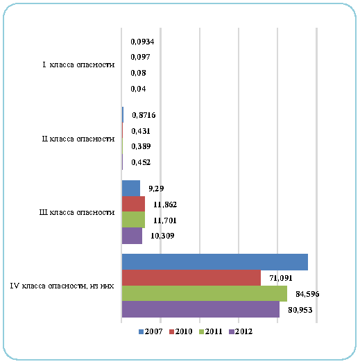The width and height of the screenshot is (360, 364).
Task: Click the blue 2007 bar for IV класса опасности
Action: pos(215,262)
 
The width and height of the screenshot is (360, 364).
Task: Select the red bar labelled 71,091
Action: pos(191,278)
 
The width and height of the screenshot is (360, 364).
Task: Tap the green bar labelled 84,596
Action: pos(205,294)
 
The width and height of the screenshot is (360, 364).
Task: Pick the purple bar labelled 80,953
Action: pos(200,309)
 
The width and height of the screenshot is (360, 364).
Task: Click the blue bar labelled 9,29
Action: pos(131,189)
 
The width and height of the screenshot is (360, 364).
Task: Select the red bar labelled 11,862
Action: pos(133,204)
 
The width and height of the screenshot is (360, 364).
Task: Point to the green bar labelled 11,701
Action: pos(133,220)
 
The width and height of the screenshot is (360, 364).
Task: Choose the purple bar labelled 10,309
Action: pos(132,236)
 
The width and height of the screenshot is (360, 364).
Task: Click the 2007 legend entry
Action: pos(151,331)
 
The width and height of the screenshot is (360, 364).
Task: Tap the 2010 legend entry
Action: pos(181,331)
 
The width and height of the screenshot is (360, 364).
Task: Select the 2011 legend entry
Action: pos(211,331)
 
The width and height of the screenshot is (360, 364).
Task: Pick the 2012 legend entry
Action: pos(241,331)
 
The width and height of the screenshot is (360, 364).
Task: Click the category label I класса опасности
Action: pos(78,64)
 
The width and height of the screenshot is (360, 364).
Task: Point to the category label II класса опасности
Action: pos(78,139)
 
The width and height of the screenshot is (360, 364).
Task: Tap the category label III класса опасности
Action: pos(77,212)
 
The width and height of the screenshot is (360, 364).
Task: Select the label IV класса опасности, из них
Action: pos(62,286)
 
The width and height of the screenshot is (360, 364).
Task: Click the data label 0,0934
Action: pos(142,42)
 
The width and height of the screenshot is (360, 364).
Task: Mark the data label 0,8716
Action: pos(144,115)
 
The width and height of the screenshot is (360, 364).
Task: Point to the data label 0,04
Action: pos(138,89)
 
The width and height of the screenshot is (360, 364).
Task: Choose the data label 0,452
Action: pos(141,162)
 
